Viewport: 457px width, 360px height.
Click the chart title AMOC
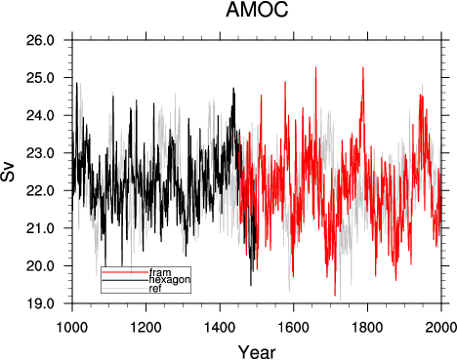[x=257, y=10]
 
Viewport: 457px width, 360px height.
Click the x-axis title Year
[x=257, y=352]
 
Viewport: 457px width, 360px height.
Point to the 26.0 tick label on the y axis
[x=40, y=40]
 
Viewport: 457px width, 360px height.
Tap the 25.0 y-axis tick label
[x=40, y=78]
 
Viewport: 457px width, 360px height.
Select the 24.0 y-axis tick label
[x=40, y=115]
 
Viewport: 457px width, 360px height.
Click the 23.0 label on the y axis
[x=40, y=153]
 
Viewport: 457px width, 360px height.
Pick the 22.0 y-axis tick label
[x=40, y=190]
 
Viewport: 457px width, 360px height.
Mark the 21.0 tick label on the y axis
[x=40, y=228]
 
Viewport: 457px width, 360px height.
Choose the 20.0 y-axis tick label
[x=40, y=265]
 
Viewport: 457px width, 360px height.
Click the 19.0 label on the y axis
[x=40, y=303]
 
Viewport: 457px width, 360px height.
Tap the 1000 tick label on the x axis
[x=72, y=327]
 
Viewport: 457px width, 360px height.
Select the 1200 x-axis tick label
[x=146, y=327]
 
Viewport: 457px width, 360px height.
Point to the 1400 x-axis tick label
[x=220, y=327]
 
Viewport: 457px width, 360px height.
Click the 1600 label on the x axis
[x=294, y=327]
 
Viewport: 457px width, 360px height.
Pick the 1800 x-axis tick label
[x=368, y=327]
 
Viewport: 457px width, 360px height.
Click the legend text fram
[x=160, y=271]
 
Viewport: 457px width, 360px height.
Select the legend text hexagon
[x=170, y=280]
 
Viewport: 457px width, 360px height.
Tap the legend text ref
[x=155, y=289]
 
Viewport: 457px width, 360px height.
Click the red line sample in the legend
[x=125, y=271]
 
